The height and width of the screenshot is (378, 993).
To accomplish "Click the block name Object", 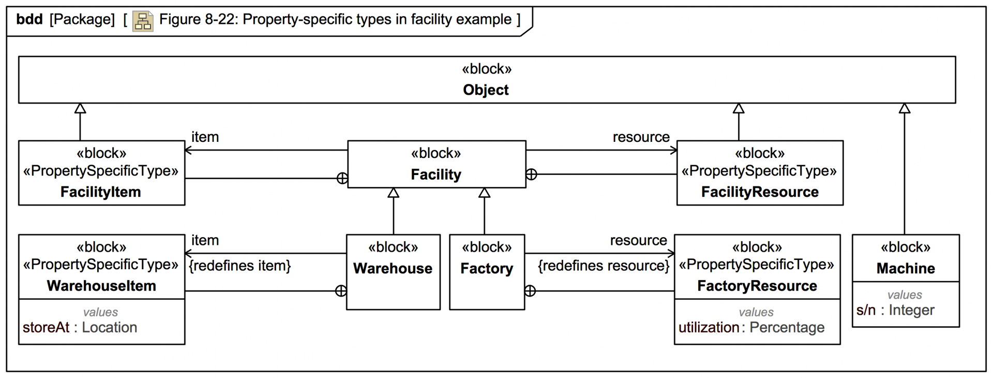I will click(486, 90).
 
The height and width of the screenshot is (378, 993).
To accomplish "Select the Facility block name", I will click(436, 175).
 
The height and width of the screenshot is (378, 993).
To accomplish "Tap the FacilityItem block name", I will click(100, 192).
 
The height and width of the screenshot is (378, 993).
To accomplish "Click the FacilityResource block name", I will click(759, 192).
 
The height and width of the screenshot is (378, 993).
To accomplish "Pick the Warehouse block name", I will click(393, 268).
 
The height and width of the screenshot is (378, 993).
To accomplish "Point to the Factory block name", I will click(486, 268).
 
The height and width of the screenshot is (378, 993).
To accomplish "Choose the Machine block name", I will click(905, 268).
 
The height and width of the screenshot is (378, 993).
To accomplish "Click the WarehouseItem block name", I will click(101, 286).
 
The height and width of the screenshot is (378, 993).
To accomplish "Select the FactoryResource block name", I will click(757, 286).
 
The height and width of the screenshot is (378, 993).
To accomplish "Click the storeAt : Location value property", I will click(80, 327).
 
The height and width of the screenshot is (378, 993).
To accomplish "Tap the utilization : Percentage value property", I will click(751, 327).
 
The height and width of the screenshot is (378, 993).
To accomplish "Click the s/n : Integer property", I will click(895, 310).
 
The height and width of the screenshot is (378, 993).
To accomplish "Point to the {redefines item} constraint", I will click(240, 266).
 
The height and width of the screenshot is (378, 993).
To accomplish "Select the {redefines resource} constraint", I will click(603, 266).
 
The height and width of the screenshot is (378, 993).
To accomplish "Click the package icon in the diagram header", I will click(142, 21).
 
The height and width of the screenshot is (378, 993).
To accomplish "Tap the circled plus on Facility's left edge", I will click(342, 179).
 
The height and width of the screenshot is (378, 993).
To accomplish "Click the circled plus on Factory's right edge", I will click(530, 291).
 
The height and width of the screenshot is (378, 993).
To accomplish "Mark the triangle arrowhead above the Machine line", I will click(904, 108).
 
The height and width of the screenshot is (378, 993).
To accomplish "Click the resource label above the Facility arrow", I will click(641, 137).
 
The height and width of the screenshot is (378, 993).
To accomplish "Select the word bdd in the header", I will click(29, 20).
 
